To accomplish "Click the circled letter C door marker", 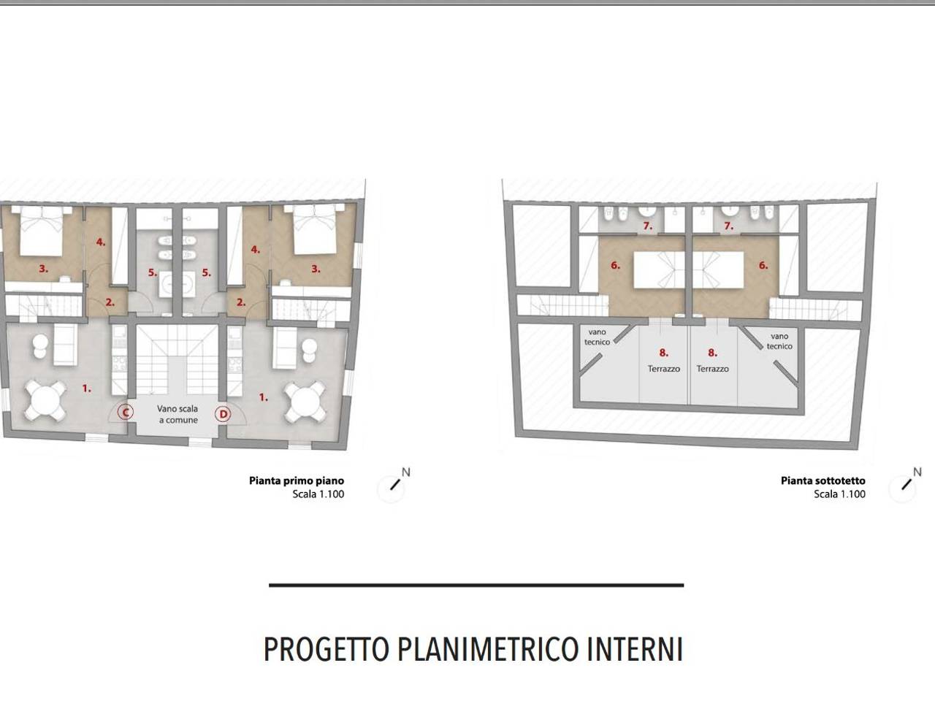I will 126,413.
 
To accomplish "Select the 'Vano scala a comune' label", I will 178,415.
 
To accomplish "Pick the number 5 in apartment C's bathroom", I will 153,272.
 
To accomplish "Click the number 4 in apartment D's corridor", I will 255,249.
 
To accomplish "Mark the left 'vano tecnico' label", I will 597,337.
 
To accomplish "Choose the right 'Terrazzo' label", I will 713,369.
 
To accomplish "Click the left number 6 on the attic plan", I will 615,265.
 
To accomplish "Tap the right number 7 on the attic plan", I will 728,226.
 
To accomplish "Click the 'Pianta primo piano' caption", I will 296,480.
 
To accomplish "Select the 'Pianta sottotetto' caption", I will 823,480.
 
